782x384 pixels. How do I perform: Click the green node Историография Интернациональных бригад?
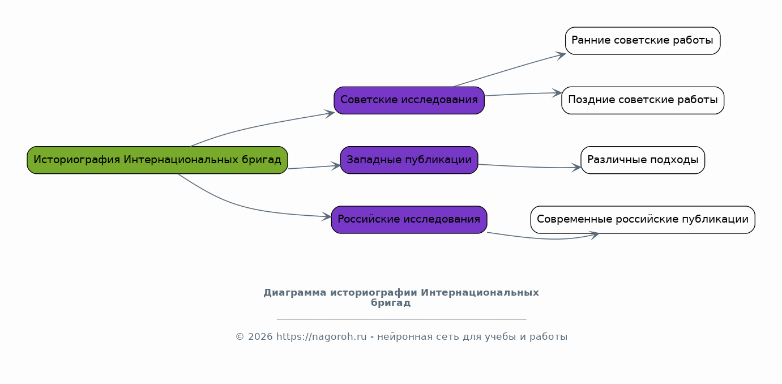click(157, 160)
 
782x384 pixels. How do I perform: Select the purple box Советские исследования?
click(409, 100)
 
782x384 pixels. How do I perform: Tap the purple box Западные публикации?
click(409, 160)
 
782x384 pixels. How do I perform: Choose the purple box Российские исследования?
click(409, 220)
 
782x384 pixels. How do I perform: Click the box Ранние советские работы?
click(643, 40)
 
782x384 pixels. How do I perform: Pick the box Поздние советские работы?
click(643, 100)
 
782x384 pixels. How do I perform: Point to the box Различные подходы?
click(643, 160)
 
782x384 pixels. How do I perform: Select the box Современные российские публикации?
click(643, 220)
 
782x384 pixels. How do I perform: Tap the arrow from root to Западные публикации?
click(314, 167)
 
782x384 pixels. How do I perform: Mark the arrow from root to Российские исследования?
click(245, 207)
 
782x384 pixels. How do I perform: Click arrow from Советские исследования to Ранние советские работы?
click(510, 69)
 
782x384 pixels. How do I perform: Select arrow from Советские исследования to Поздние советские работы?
click(523, 94)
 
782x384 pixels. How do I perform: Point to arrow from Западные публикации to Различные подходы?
click(529, 167)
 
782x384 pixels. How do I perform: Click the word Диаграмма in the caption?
click(294, 293)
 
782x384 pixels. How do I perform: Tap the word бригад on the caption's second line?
click(391, 302)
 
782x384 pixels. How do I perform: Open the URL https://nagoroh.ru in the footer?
click(322, 337)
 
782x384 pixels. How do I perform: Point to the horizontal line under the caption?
click(401, 319)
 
